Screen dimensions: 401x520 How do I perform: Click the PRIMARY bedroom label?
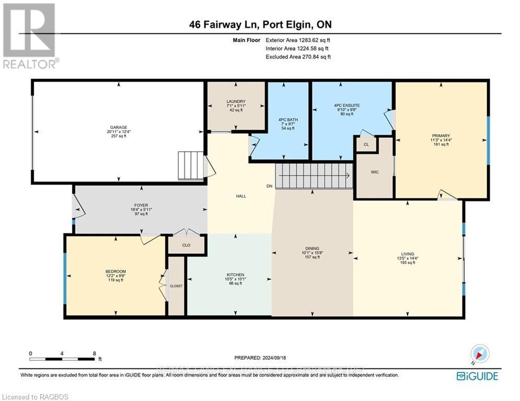pyautogui.click(x=441, y=135)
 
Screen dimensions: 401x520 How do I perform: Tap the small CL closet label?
pyautogui.click(x=366, y=144)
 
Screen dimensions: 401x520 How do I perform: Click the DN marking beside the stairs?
pyautogui.click(x=270, y=186)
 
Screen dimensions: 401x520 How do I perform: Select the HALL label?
pyautogui.click(x=240, y=196)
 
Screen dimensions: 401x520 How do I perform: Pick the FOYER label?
pyautogui.click(x=138, y=205)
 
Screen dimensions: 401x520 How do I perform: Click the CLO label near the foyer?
pyautogui.click(x=186, y=244)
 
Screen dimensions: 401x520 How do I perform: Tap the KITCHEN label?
pyautogui.click(x=235, y=275)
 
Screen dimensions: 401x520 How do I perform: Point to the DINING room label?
pyautogui.click(x=313, y=249)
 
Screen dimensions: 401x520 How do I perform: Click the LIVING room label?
pyautogui.click(x=408, y=254)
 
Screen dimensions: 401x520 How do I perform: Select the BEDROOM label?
pyautogui.click(x=116, y=271)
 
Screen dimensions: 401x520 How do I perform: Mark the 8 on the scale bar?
pyautogui.click(x=94, y=353)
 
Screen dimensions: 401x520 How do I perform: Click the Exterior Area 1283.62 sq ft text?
pyautogui.click(x=298, y=40)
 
